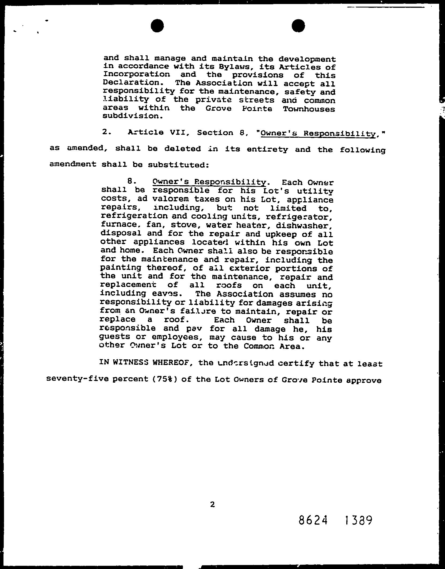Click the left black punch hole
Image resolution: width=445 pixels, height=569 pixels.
157,26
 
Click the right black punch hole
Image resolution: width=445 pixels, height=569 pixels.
298,26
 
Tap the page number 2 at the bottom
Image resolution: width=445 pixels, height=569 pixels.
213,505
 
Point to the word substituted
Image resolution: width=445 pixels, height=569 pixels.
178,165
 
